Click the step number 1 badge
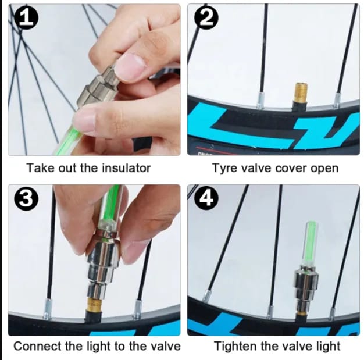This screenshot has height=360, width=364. [x=26, y=17]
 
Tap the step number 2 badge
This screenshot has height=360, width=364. [x=206, y=17]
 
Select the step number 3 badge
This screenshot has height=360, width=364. [x=26, y=198]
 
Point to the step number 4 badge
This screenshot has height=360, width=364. [x=206, y=198]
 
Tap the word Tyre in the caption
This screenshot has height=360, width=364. [x=224, y=168]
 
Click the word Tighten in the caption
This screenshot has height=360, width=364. [x=235, y=346]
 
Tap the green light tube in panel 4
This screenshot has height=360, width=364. [x=310, y=242]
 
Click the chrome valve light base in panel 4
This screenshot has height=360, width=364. [x=305, y=288]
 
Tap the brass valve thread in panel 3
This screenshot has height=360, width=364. [x=95, y=304]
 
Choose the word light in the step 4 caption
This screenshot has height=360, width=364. [x=329, y=346]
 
